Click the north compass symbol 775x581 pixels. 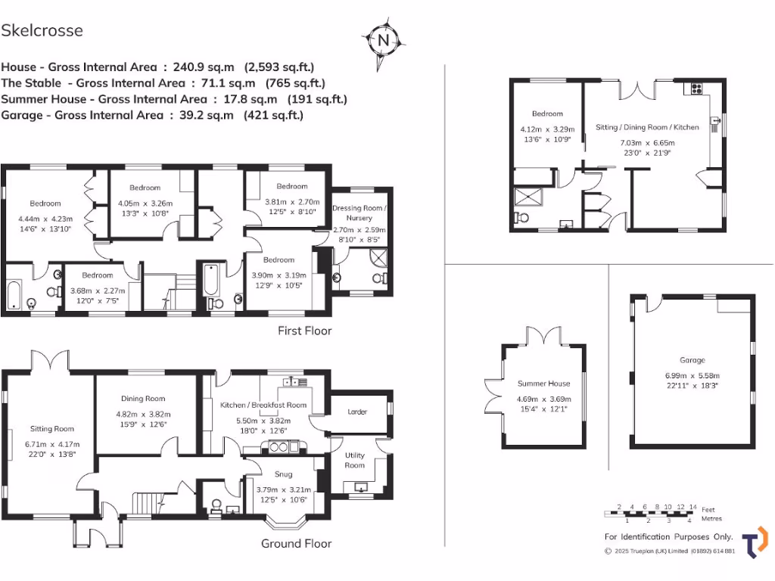coord(384,39)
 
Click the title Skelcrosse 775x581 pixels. coord(42,30)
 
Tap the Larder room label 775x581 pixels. coord(356,412)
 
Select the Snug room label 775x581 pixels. coord(284,474)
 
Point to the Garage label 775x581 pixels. coord(692,360)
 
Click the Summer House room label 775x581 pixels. coord(543,384)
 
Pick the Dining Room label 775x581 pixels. coord(143,399)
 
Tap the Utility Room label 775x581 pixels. coord(355,460)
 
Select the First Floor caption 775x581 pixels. coord(304,331)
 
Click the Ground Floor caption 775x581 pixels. coord(296,543)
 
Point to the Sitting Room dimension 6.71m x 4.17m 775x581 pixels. coord(51,444)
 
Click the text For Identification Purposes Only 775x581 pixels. coord(669,536)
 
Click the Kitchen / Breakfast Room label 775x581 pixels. coord(263,405)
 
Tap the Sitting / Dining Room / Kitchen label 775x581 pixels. coord(647,127)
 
